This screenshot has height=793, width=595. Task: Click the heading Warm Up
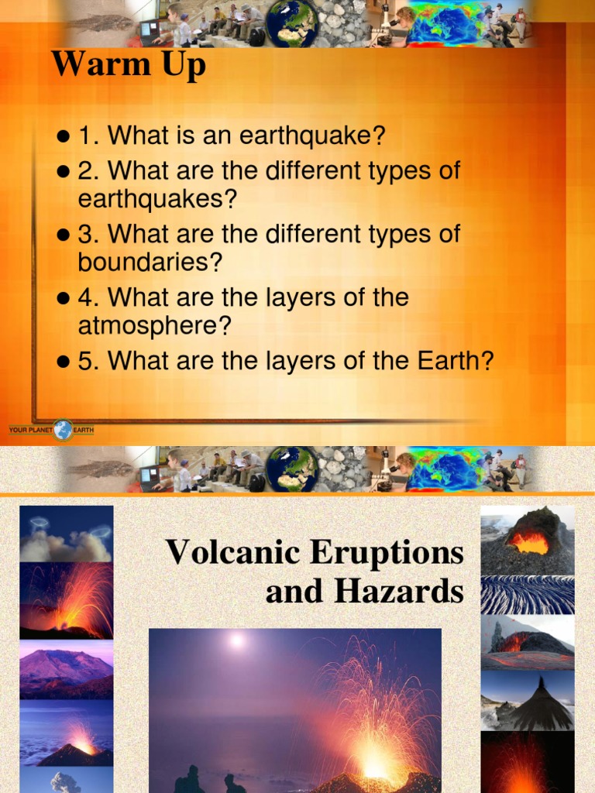pyautogui.click(x=129, y=64)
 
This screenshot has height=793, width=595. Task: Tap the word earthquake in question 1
pyautogui.click(x=312, y=136)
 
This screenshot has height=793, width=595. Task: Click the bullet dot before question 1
pyautogui.click(x=64, y=138)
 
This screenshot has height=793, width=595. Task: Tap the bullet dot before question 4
pyautogui.click(x=64, y=298)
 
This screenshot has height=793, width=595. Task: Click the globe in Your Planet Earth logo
pyautogui.click(x=63, y=430)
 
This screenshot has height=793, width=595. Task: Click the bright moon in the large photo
pyautogui.click(x=237, y=640)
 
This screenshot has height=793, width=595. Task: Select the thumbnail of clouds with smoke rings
pyautogui.click(x=66, y=534)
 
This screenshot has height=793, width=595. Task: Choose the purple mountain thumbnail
pyautogui.click(x=66, y=669)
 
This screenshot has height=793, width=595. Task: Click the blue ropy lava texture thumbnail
pyautogui.click(x=528, y=595)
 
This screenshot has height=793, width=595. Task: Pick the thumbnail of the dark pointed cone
pyautogui.click(x=528, y=701)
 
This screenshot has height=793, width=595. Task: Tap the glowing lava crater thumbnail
pyautogui.click(x=528, y=539)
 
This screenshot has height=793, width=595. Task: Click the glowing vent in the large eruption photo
pyautogui.click(x=375, y=766)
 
